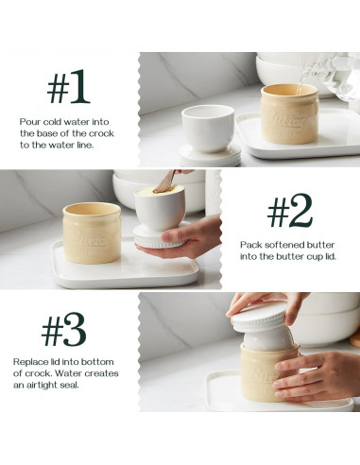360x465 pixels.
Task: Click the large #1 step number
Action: tap(69, 88)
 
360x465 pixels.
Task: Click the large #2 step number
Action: tap(288, 213)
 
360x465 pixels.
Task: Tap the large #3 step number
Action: tap(63, 331)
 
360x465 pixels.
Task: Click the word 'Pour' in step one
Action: tap(29, 122)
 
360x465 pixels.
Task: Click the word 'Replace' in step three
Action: tap(29, 362)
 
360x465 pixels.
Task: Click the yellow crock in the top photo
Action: tap(289, 114)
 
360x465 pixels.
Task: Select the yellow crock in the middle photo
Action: tap(92, 232)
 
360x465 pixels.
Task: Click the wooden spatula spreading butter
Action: tap(165, 181)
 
